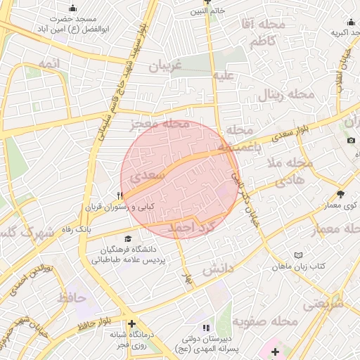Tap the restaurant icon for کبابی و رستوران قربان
pyautogui.click(x=121, y=197)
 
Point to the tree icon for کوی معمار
pyautogui.click(x=341, y=195)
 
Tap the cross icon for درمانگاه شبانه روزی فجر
pyautogui.click(x=131, y=323)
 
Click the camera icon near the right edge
pyautogui.click(x=351, y=140)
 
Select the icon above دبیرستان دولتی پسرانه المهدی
pyautogui.click(x=206, y=328)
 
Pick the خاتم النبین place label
pyautogui.click(x=207, y=12)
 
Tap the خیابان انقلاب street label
pyautogui.click(x=346, y=67)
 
